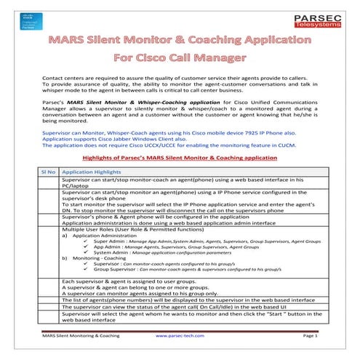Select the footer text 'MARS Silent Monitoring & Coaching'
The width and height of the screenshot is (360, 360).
81,337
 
